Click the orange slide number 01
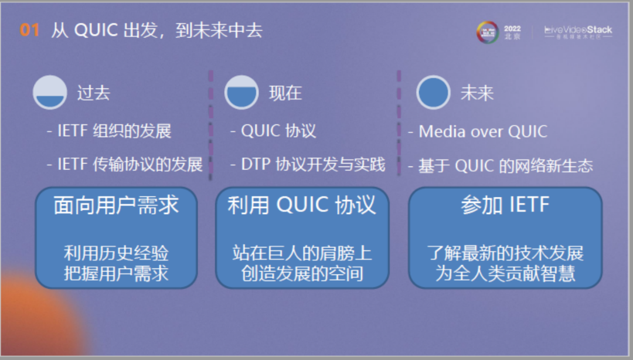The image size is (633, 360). coord(29,30)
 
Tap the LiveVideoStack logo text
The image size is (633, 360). coord(578,30)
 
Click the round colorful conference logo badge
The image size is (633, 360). coord(487,32)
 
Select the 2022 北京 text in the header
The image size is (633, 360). coord(512,32)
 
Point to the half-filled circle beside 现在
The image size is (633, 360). coord(241,93)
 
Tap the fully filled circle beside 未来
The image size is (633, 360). coord(433,93)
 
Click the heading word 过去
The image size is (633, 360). coord(93,93)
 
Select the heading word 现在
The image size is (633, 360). coord(285,93)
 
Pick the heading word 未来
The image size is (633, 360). coord(477,93)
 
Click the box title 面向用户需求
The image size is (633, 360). coord(116,205)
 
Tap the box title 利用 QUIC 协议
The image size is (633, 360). coord(302,205)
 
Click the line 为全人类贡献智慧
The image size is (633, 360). coord(505,273)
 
